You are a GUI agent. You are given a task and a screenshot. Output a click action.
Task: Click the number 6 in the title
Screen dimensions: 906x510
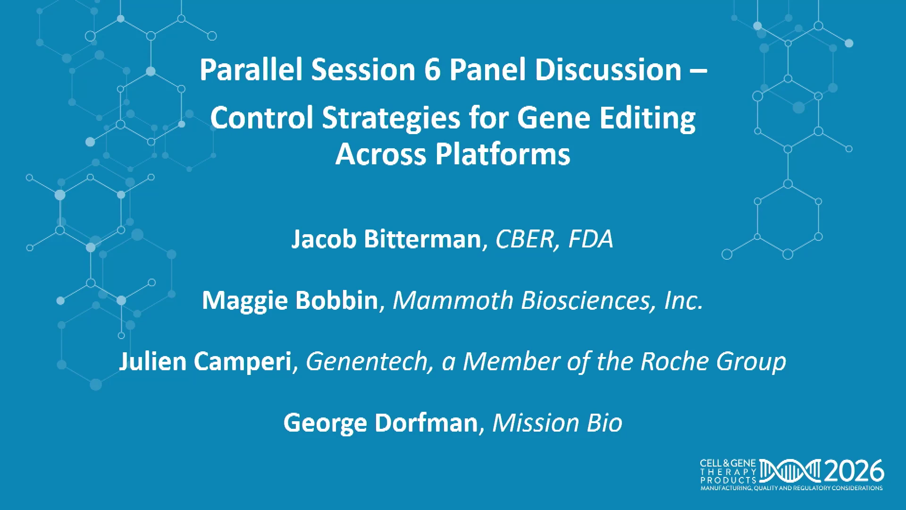click(x=432, y=70)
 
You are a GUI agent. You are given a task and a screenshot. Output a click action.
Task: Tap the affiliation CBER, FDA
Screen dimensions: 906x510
click(x=554, y=239)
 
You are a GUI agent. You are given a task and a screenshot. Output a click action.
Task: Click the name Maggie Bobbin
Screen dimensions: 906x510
click(x=290, y=301)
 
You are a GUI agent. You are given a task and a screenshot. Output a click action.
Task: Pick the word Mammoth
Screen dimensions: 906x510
click(x=453, y=300)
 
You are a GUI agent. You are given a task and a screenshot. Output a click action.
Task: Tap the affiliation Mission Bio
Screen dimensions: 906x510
click(x=557, y=423)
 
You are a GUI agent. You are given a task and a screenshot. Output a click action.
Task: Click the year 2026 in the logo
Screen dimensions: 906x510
click(x=854, y=471)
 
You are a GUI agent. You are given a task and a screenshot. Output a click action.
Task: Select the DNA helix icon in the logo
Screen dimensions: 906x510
click(x=790, y=471)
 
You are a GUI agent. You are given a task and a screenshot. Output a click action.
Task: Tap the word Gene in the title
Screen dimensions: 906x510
click(x=554, y=118)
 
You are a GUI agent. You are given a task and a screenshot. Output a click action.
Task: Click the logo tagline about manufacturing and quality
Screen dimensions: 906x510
click(x=791, y=488)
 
